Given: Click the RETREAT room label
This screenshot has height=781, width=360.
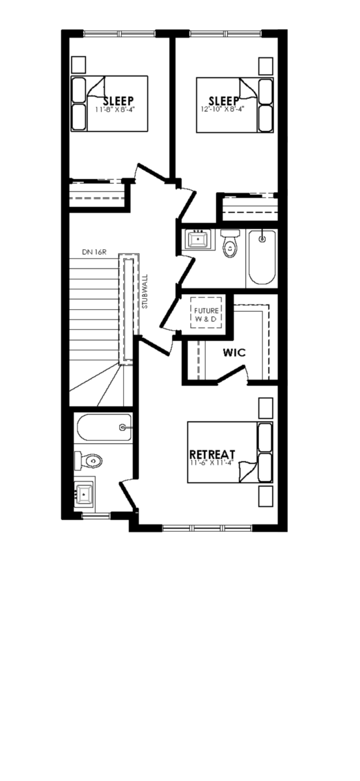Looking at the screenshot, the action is point(212,454).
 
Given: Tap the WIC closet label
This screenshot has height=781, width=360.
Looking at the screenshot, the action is point(234,352).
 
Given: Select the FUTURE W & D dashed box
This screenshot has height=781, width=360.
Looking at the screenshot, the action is point(206,312).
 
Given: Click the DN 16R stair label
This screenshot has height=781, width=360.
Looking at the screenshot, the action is point(94,252).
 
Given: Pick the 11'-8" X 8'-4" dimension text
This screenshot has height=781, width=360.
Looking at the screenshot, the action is point(115,109).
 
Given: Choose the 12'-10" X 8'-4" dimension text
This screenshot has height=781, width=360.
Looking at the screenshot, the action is point(222,109).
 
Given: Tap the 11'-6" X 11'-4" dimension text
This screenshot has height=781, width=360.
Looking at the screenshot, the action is point(212,463).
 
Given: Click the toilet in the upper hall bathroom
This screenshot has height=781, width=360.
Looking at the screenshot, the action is point(230,243).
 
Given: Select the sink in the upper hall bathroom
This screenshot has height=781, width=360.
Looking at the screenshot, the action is point(199,240).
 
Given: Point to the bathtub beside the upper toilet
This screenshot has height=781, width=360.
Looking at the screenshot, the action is point(262,257).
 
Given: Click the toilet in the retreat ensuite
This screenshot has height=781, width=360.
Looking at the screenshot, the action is point(88,461).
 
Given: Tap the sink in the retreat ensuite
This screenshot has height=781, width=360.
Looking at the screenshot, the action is point(84,494).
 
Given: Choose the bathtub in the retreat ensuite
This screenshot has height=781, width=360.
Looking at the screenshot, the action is point(104,427).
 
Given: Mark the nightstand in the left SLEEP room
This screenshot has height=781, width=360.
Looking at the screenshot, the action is point(78,65).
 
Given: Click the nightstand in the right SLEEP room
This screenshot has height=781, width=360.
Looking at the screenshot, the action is point(266,66).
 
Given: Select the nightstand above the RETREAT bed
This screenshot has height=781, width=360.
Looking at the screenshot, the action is point(266,408).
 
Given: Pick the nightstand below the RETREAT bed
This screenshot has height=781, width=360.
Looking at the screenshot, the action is point(266,497).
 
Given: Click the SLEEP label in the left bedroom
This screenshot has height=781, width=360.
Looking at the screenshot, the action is point(118,101).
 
